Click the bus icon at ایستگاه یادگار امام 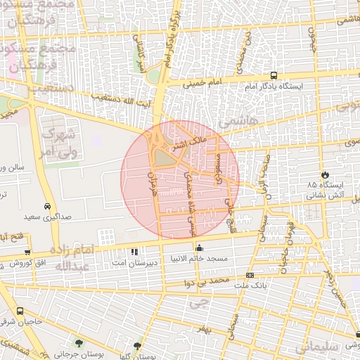(274, 75)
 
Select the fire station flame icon (324, 174)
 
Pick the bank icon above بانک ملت (250, 275)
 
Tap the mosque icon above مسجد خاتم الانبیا (199, 248)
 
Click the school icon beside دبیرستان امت (134, 251)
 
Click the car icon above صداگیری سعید (46, 207)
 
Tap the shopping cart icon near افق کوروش (27, 251)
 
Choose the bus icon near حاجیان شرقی (19, 311)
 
